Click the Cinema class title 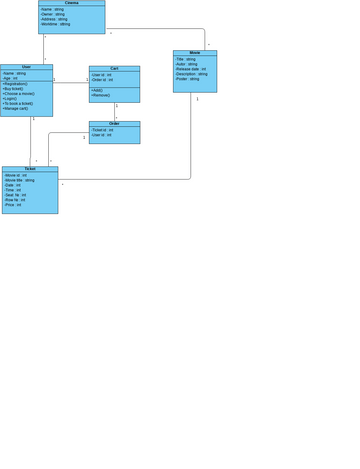(x=71, y=3)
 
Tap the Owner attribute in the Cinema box (x=53, y=14)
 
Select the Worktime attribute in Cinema (x=56, y=24)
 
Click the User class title (x=26, y=67)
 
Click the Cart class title (x=114, y=69)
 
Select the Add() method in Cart (x=97, y=90)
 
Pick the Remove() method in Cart (x=101, y=95)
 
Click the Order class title (x=114, y=124)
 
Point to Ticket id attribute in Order (x=102, y=130)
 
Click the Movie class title (x=194, y=52)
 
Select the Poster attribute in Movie (x=187, y=79)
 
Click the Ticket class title (x=30, y=169)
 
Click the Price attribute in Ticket (x=13, y=205)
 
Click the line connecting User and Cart (x=71, y=83)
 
